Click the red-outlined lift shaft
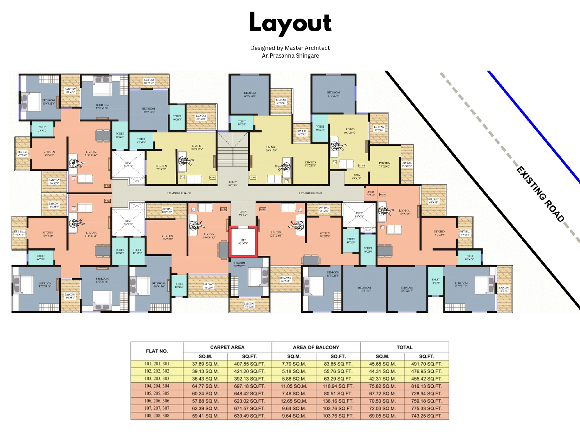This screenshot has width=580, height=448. click(x=243, y=242)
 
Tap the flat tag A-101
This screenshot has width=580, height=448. click(x=213, y=177)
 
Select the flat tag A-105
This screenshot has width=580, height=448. click(x=263, y=209)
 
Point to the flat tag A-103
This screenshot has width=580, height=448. click(x=362, y=165)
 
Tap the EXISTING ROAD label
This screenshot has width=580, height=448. click(x=540, y=194)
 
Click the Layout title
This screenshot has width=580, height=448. click(x=290, y=23)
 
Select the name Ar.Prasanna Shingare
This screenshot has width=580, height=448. click(x=290, y=56)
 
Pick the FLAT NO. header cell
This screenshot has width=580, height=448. click(x=157, y=351)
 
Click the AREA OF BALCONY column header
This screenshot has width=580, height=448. click(x=316, y=347)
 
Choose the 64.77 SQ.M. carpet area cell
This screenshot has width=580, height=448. click(x=205, y=386)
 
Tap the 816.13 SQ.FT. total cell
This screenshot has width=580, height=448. click(x=426, y=386)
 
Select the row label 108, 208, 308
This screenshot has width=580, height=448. click(x=157, y=416)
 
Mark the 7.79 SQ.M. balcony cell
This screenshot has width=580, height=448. click(x=294, y=364)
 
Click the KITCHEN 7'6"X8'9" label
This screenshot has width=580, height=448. click(x=161, y=167)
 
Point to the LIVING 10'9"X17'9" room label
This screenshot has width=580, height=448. click(x=270, y=149)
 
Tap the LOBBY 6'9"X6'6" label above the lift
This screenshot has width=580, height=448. click(x=243, y=213)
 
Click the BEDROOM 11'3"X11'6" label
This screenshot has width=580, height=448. click(x=365, y=289)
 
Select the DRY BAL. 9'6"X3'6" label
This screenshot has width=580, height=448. click(x=324, y=209)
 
